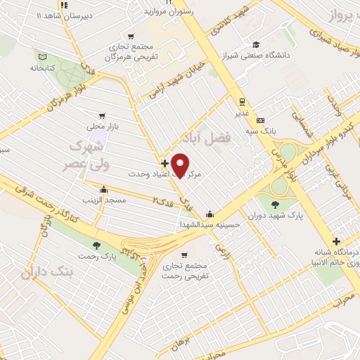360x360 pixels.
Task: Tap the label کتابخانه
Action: click(43, 68)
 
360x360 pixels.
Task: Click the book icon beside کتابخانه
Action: click(43, 56)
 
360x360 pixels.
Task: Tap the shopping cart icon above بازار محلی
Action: click(103, 116)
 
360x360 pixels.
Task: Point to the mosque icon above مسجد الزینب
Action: click(104, 188)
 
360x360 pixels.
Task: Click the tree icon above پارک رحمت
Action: click(97, 246)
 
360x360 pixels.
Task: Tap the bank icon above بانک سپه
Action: click(260, 120)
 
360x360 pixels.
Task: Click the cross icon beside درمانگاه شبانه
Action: click(337, 241)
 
